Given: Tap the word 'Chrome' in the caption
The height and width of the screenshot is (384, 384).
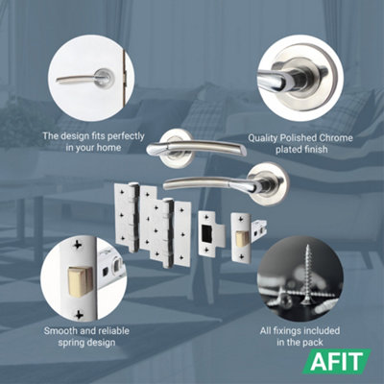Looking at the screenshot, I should [329, 137].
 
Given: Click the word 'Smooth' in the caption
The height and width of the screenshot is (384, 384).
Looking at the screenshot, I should [64, 330].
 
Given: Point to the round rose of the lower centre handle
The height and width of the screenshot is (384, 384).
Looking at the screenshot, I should [259, 180].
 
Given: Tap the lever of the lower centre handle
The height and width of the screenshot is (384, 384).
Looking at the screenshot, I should [206, 182].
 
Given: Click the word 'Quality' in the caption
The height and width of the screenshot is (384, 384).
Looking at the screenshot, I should [265, 137].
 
